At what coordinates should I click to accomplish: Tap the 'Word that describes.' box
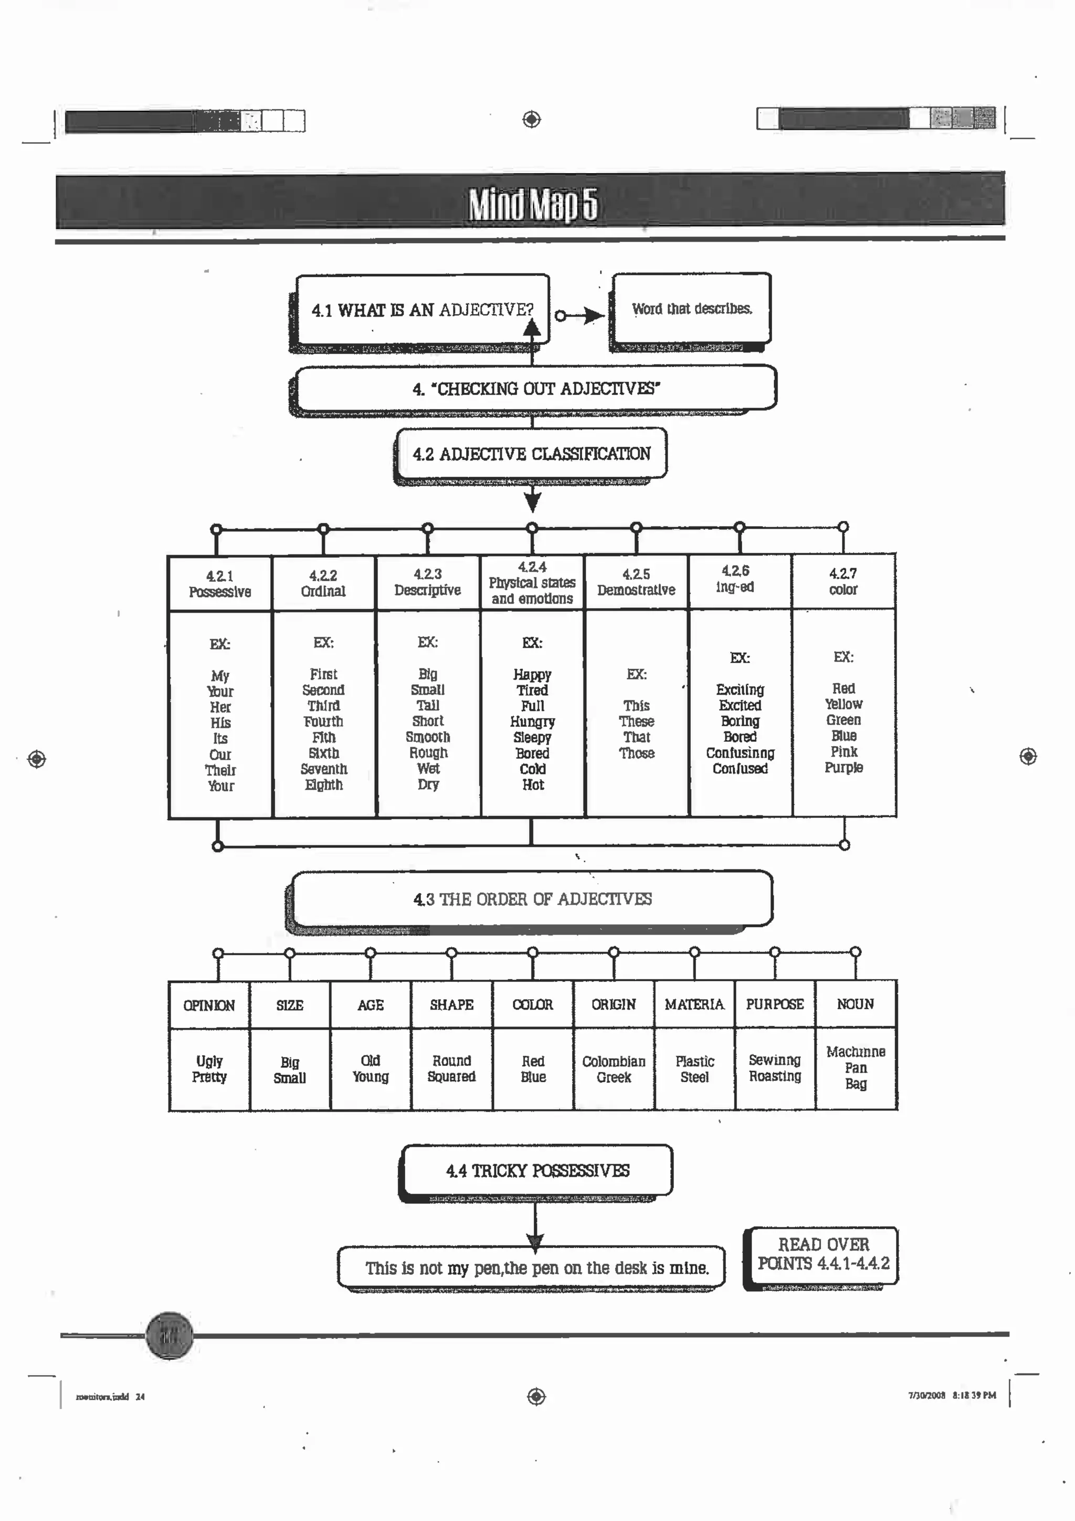pyautogui.click(x=691, y=309)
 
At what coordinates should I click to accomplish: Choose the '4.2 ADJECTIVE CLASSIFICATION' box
pyautogui.click(x=531, y=454)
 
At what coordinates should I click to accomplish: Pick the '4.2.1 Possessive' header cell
pyautogui.click(x=220, y=584)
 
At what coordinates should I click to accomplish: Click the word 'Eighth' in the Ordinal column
pyautogui.click(x=324, y=785)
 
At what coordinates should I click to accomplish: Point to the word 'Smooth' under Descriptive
pyautogui.click(x=428, y=737)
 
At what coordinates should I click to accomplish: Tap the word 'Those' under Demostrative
pyautogui.click(x=637, y=753)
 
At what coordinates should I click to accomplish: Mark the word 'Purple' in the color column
pyautogui.click(x=843, y=767)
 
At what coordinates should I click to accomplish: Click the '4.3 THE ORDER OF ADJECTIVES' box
pyautogui.click(x=533, y=899)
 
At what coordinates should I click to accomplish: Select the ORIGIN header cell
pyautogui.click(x=613, y=1004)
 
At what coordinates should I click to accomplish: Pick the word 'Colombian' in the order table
pyautogui.click(x=613, y=1061)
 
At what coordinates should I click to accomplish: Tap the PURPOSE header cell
pyautogui.click(x=774, y=1004)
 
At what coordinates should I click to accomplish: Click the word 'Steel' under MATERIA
pyautogui.click(x=694, y=1077)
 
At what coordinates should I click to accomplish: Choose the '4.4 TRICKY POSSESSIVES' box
pyautogui.click(x=537, y=1171)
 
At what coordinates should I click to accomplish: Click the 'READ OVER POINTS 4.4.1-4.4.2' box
pyautogui.click(x=823, y=1254)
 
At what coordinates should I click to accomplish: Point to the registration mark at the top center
pyautogui.click(x=531, y=120)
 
